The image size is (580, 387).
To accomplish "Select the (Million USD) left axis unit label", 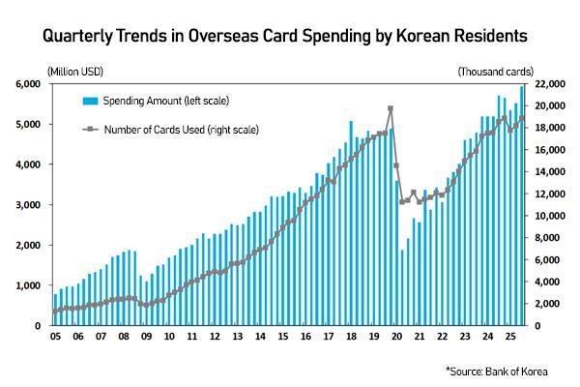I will point(74,73).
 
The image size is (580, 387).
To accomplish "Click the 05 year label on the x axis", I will point(55,337).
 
